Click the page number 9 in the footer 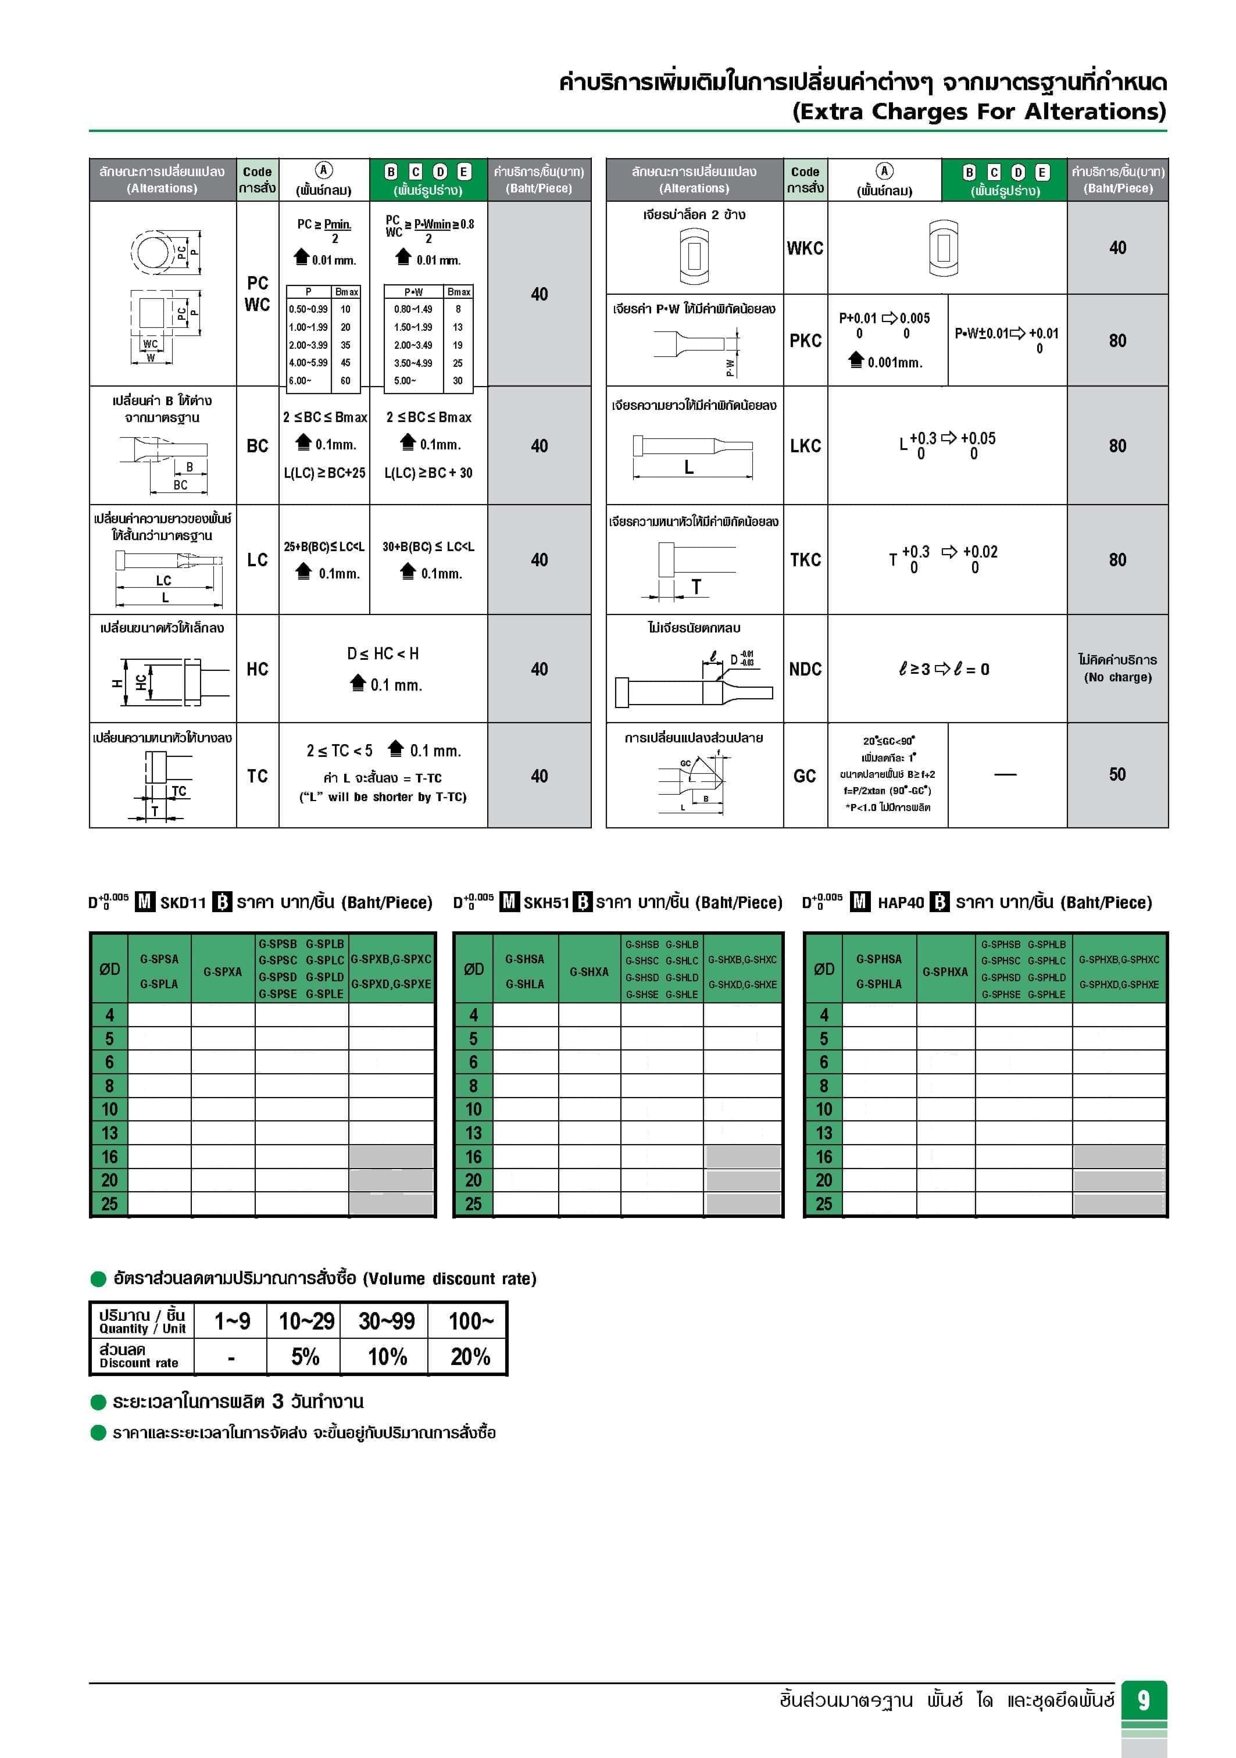[x=1144, y=1700]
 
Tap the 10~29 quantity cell [x=306, y=1321]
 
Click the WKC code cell [x=805, y=248]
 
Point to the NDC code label [x=805, y=669]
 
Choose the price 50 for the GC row [x=1117, y=774]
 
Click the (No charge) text [x=1117, y=677]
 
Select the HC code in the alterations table [x=258, y=669]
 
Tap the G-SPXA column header [x=223, y=971]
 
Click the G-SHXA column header [x=589, y=971]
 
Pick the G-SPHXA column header [x=945, y=971]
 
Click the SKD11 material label [x=183, y=903]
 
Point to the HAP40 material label [x=901, y=903]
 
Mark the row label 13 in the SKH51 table [x=473, y=1132]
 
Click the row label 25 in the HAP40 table [x=823, y=1203]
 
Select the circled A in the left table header [x=324, y=171]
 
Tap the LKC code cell [x=805, y=446]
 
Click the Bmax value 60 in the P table [x=345, y=381]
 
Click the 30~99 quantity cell [x=387, y=1321]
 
